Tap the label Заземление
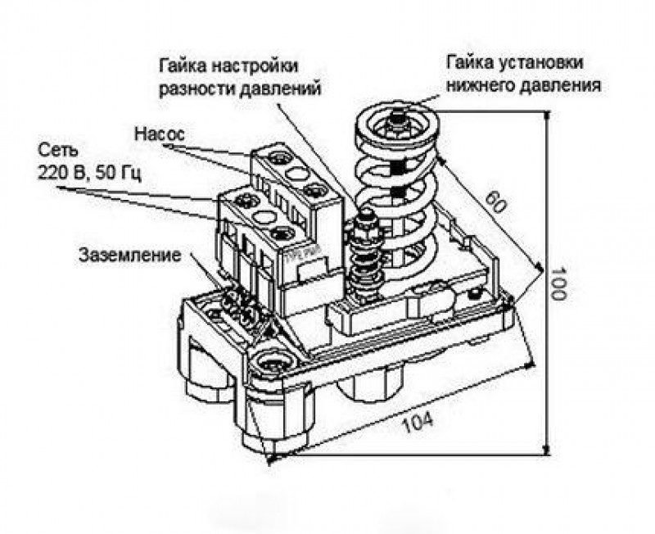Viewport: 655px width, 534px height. click(129, 254)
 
